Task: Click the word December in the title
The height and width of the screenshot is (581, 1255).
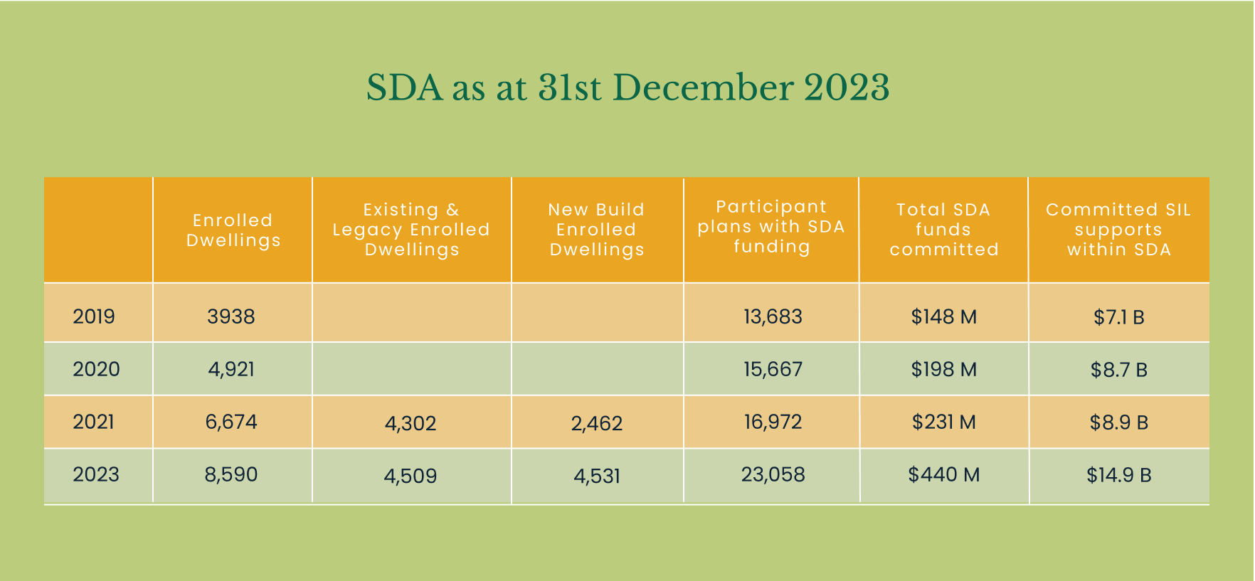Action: [703, 88]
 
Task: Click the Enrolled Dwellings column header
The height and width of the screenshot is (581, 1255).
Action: [233, 230]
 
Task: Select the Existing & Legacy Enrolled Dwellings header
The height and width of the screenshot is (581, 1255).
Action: [411, 230]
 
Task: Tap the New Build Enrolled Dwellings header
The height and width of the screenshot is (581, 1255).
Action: [596, 230]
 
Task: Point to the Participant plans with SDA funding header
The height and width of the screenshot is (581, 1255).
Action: [771, 227]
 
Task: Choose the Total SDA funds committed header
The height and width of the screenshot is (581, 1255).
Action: [943, 230]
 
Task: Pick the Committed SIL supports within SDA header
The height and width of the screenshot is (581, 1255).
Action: [1118, 230]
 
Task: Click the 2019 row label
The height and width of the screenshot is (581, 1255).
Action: [94, 316]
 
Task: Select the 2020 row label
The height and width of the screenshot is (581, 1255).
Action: [96, 369]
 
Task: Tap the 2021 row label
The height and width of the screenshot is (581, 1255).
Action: [94, 422]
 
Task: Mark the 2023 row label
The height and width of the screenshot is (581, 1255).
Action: [96, 474]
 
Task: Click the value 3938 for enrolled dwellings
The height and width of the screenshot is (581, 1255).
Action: [231, 316]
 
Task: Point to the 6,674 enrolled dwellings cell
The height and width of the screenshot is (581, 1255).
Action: [231, 422]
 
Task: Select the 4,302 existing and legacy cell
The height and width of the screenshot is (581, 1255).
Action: [411, 424]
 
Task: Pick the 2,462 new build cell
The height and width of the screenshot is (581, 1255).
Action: [597, 424]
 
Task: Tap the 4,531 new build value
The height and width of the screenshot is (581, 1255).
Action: [597, 476]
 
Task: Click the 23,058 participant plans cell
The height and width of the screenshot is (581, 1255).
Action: [773, 474]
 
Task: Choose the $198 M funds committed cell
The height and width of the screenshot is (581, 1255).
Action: [944, 369]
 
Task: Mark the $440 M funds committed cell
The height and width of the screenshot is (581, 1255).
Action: [944, 474]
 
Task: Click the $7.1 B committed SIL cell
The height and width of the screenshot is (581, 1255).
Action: [1119, 317]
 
